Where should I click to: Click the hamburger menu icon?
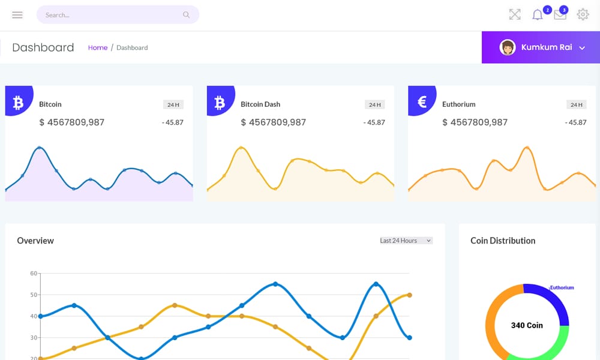[x=17, y=15]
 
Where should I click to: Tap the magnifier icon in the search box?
[x=187, y=15]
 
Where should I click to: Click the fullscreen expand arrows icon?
[x=515, y=15]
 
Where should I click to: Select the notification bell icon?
[x=538, y=15]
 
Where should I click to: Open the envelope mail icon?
[x=560, y=16]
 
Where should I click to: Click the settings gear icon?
[x=583, y=15]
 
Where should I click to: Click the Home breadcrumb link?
[x=98, y=47]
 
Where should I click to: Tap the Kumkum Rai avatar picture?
[x=508, y=47]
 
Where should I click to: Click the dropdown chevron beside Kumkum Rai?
[x=582, y=48]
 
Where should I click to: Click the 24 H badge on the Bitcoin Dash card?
[x=375, y=104]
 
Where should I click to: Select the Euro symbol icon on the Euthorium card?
[x=422, y=102]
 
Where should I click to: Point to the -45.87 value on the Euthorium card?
[x=576, y=122]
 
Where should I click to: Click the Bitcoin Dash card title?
[x=260, y=104]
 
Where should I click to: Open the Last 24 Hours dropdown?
[x=406, y=241]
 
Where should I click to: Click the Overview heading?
[x=35, y=241]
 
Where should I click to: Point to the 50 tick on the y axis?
[x=34, y=295]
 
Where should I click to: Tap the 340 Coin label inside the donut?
[x=527, y=325]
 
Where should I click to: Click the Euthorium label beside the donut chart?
[x=562, y=287]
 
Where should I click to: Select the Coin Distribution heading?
[x=503, y=241]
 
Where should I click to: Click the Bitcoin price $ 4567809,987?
[x=71, y=122]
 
